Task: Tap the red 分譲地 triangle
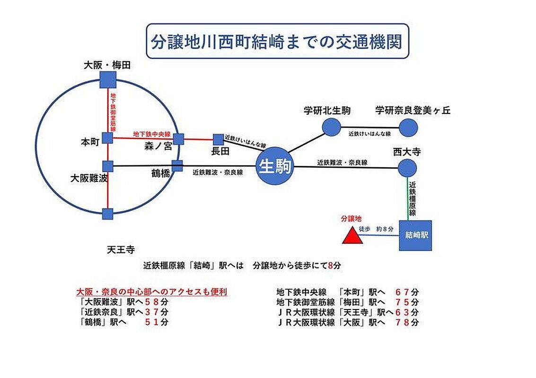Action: click(x=352, y=236)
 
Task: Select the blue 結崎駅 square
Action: click(x=415, y=235)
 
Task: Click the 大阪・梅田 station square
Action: click(x=108, y=79)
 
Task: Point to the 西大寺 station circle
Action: click(x=407, y=168)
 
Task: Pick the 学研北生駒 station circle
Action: click(x=331, y=127)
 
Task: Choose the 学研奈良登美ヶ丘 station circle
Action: click(x=408, y=128)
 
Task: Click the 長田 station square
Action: click(x=218, y=139)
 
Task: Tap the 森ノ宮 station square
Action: click(x=178, y=139)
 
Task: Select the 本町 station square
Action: click(x=108, y=138)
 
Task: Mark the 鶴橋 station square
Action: click(x=177, y=166)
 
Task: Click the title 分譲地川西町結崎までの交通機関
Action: click(x=277, y=41)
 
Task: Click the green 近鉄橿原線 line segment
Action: click(x=407, y=198)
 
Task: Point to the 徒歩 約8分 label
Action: click(x=376, y=229)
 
